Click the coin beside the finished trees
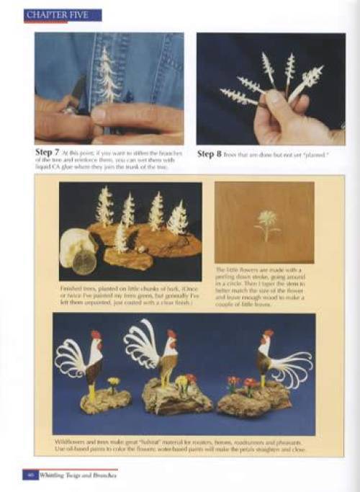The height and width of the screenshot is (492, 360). tap(84, 262)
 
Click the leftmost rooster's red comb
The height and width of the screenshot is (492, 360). tap(96, 335)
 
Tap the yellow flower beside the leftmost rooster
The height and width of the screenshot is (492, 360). tap(113, 381)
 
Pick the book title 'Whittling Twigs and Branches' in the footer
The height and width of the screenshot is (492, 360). tap(78, 475)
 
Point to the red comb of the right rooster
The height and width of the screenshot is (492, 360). tap(268, 334)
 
